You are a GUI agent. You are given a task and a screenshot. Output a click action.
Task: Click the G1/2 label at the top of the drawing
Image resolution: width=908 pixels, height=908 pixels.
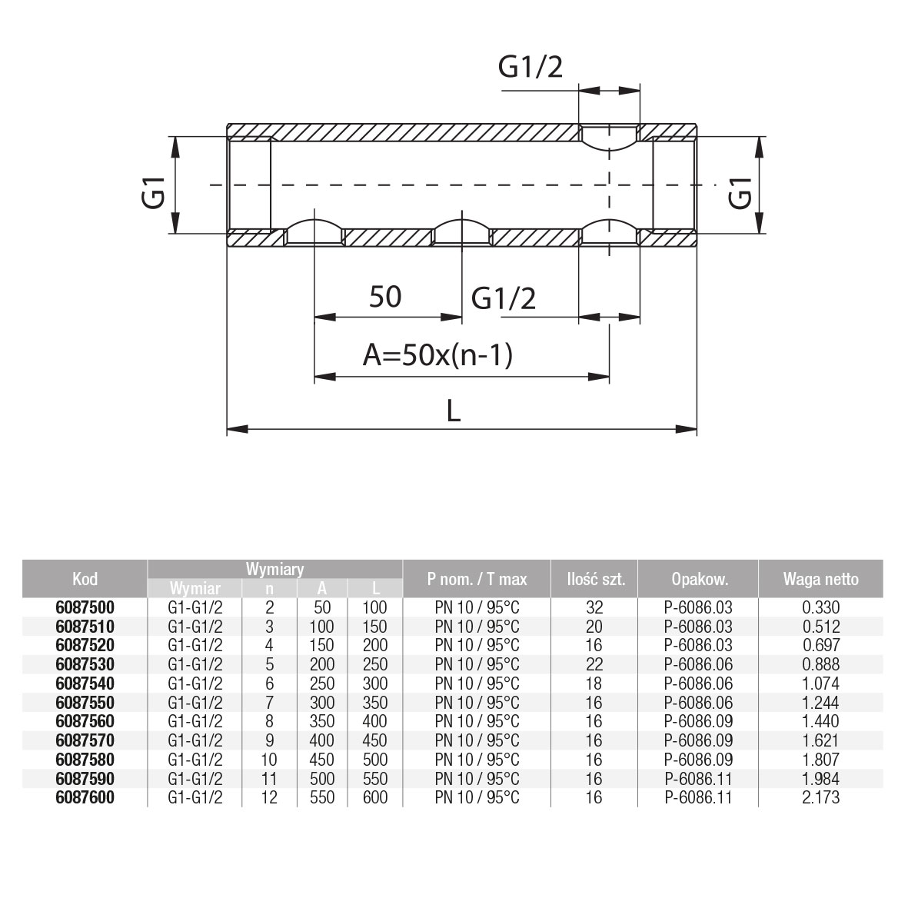point(530,68)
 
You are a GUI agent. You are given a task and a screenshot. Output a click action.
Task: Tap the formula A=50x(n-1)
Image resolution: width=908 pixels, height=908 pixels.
point(437,355)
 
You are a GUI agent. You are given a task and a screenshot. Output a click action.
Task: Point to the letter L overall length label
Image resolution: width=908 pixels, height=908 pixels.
point(454,411)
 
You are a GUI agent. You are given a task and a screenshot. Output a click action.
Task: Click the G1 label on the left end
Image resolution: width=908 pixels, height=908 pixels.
point(155,191)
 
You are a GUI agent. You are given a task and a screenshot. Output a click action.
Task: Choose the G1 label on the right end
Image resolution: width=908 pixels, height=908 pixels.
point(740,191)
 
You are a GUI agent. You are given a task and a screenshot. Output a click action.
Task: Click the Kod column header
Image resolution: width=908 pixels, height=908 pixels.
point(85,579)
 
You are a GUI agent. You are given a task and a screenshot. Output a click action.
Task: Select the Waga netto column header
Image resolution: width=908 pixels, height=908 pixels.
point(820,579)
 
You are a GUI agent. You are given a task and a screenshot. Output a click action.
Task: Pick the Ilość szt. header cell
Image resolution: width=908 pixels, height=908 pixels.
point(594,579)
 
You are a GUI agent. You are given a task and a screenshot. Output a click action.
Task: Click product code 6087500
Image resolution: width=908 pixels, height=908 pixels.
point(85,607)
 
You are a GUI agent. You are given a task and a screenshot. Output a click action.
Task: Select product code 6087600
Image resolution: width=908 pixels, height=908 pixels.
point(85,797)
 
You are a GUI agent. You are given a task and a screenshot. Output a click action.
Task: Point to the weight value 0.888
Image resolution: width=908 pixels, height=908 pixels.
point(820,664)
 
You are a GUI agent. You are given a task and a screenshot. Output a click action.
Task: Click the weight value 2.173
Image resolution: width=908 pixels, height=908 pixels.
point(820,797)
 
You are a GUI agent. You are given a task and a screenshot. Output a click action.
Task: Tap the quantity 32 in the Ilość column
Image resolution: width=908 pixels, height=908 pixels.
point(594,607)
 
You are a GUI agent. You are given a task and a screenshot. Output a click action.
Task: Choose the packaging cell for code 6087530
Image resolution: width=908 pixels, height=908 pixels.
point(698,664)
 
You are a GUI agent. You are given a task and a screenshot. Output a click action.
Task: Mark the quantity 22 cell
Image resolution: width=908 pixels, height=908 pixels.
point(594,664)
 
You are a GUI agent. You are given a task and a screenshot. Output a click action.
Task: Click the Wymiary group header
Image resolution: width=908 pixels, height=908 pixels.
point(274,570)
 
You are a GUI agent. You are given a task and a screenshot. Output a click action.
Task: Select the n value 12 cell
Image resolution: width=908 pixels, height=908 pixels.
point(269,797)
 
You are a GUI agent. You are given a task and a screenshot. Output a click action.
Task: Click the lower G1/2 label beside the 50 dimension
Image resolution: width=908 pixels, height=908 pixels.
point(504,298)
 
